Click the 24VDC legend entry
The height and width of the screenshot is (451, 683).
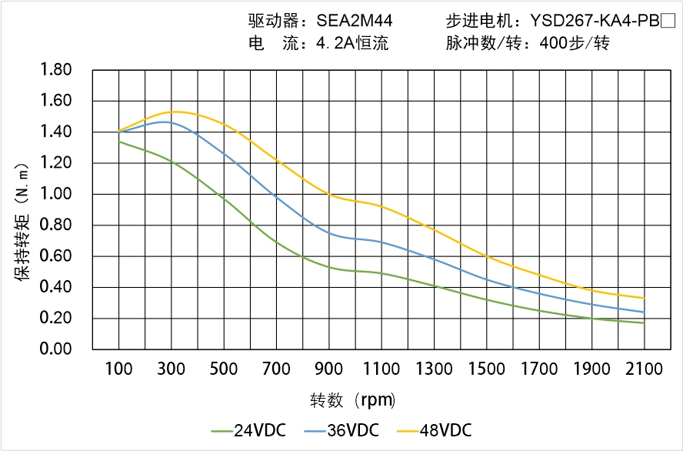tap(248, 430)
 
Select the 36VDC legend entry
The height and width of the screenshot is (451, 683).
tap(341, 430)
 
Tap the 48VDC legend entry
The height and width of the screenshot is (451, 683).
tap(435, 430)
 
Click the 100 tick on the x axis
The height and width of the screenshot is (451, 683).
tap(118, 369)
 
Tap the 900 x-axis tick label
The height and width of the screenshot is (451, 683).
tap(329, 369)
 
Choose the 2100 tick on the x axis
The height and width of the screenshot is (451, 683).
tap(644, 369)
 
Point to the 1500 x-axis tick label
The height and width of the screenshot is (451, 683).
tap(487, 369)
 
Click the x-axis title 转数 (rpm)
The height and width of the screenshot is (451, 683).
tap(353, 400)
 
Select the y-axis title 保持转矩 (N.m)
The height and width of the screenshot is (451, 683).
tap(24, 222)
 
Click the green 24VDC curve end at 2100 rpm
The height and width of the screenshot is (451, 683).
tap(644, 323)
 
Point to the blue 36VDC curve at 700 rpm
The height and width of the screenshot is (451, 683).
tap(276, 195)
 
